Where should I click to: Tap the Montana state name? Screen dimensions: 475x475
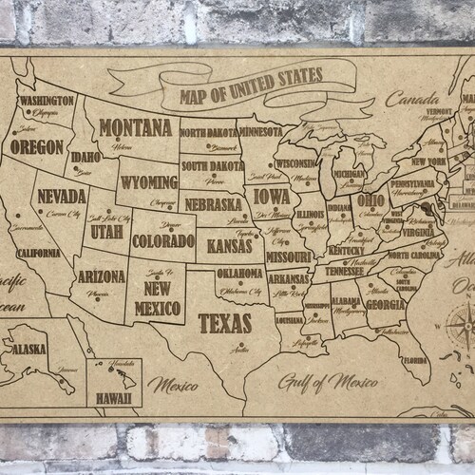pos(132,128)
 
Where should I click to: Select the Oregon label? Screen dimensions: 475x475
pos(39,148)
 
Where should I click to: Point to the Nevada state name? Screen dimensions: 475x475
pos(58,197)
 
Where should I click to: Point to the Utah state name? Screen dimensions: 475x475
pos(106,231)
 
